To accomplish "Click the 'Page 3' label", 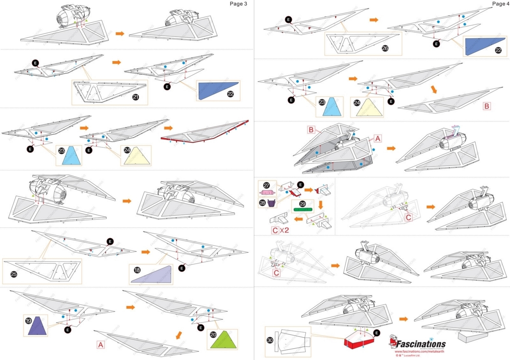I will [239, 4].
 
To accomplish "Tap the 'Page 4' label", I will [498, 4].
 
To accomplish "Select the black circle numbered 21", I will [136, 98].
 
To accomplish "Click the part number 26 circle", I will [385, 48].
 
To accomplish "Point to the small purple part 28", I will [271, 202].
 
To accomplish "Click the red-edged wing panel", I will [205, 132].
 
